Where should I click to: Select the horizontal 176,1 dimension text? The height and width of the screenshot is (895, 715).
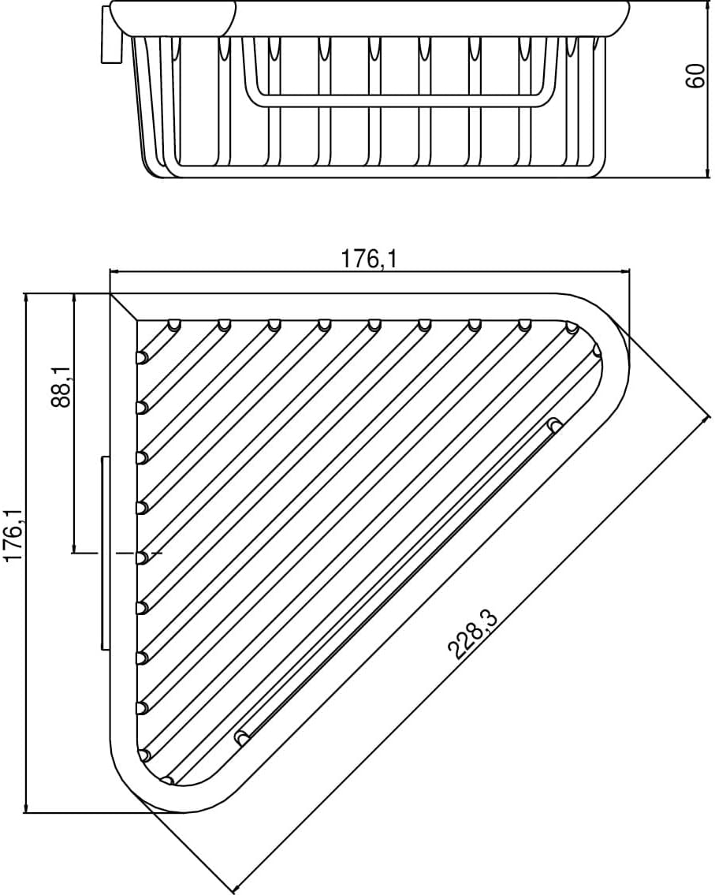coord(368,259)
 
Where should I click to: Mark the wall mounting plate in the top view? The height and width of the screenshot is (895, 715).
coord(105,553)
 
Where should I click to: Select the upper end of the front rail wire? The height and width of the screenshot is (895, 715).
coord(555,426)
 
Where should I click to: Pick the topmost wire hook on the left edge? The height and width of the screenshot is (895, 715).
coord(142,357)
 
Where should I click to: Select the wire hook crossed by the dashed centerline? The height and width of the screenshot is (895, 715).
coord(142,558)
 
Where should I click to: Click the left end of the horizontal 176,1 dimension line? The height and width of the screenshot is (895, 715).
coord(110,271)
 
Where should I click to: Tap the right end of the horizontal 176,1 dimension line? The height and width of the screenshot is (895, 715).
coord(630,271)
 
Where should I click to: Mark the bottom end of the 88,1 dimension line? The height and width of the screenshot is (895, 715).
coord(74,552)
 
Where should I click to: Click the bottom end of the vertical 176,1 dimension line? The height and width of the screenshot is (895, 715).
coord(27,812)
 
